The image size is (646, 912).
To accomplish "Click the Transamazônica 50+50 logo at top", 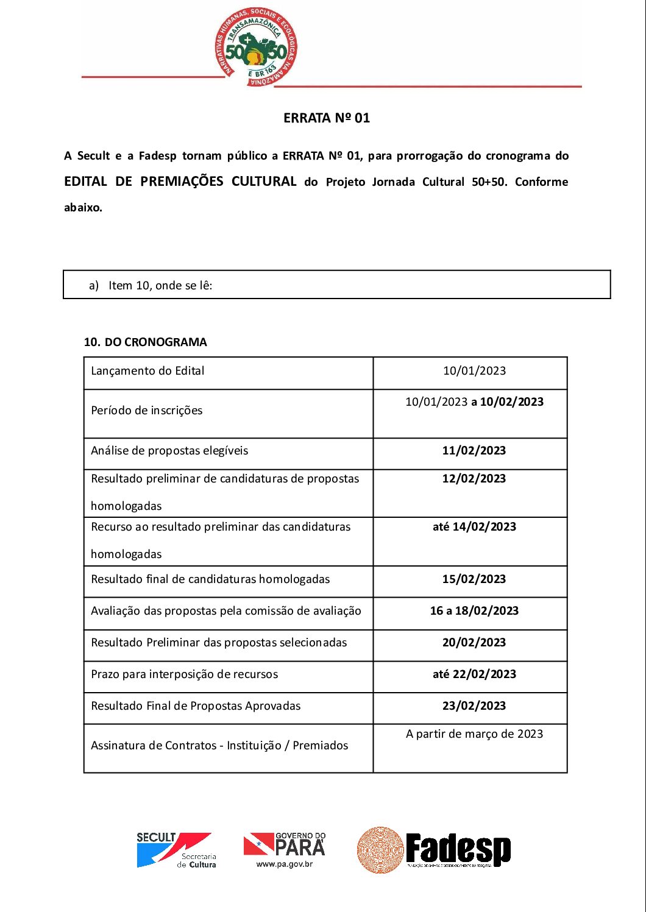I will pyautogui.click(x=256, y=48).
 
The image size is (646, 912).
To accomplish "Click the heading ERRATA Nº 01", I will pyautogui.click(x=327, y=118).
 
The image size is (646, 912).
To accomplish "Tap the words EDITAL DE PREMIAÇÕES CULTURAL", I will pyautogui.click(x=180, y=182).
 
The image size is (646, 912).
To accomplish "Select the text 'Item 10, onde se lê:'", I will pyautogui.click(x=160, y=285).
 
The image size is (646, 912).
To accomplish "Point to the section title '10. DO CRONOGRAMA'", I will pyautogui.click(x=146, y=342).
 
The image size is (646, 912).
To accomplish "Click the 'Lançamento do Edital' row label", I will pyautogui.click(x=147, y=371).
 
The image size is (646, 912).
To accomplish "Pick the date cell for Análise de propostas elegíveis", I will pyautogui.click(x=474, y=451).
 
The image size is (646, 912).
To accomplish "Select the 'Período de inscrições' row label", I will pyautogui.click(x=147, y=411).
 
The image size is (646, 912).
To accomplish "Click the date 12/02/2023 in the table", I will pyautogui.click(x=474, y=479).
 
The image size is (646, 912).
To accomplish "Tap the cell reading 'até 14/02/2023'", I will pyautogui.click(x=474, y=527).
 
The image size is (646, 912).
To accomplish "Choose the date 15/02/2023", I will pyautogui.click(x=474, y=579).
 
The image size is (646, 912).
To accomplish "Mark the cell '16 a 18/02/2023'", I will pyautogui.click(x=474, y=611).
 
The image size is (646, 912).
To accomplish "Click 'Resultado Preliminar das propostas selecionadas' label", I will pyautogui.click(x=219, y=643).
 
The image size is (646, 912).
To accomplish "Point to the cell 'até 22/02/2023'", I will pyautogui.click(x=474, y=674).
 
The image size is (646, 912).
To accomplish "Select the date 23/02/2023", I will pyautogui.click(x=474, y=706).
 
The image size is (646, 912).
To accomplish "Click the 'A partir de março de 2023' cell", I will pyautogui.click(x=474, y=734).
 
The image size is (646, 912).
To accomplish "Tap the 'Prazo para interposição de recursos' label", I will pyautogui.click(x=184, y=674).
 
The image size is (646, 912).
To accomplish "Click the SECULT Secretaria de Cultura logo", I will pyautogui.click(x=176, y=850).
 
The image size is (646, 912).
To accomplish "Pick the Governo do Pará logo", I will pyautogui.click(x=285, y=849).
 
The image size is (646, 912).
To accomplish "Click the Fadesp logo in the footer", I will pyautogui.click(x=434, y=850).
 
